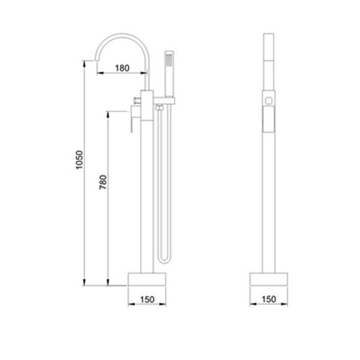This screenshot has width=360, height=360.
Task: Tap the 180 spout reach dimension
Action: (122, 67)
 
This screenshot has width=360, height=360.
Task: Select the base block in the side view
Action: (270, 279)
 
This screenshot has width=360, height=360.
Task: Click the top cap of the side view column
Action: (270, 38)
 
